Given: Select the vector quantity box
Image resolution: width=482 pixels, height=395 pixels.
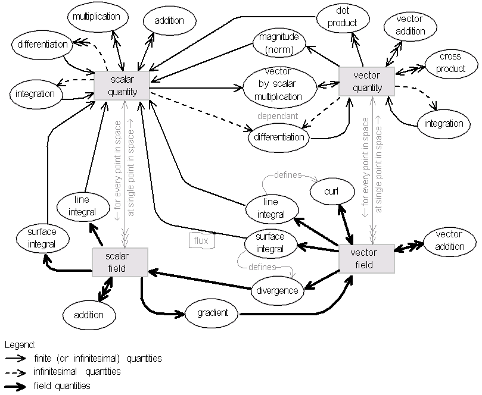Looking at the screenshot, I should click(367, 81).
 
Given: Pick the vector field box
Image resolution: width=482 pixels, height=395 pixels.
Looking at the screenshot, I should click(366, 258).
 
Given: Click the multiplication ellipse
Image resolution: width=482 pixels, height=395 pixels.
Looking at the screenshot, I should click(96, 17).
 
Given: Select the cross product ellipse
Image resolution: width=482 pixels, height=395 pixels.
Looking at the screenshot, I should click(450, 62).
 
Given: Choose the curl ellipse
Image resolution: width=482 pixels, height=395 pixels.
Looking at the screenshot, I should click(331, 192).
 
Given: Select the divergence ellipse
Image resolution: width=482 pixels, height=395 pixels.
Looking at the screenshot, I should click(277, 291).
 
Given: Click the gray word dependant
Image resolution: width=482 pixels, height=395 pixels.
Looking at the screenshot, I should click(277, 117).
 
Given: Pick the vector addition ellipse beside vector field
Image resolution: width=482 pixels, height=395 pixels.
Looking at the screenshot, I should click(449, 240).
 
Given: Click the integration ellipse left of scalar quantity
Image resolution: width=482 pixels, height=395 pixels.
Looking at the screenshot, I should click(35, 93).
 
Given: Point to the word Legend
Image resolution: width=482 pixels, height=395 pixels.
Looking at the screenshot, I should click(21, 344).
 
